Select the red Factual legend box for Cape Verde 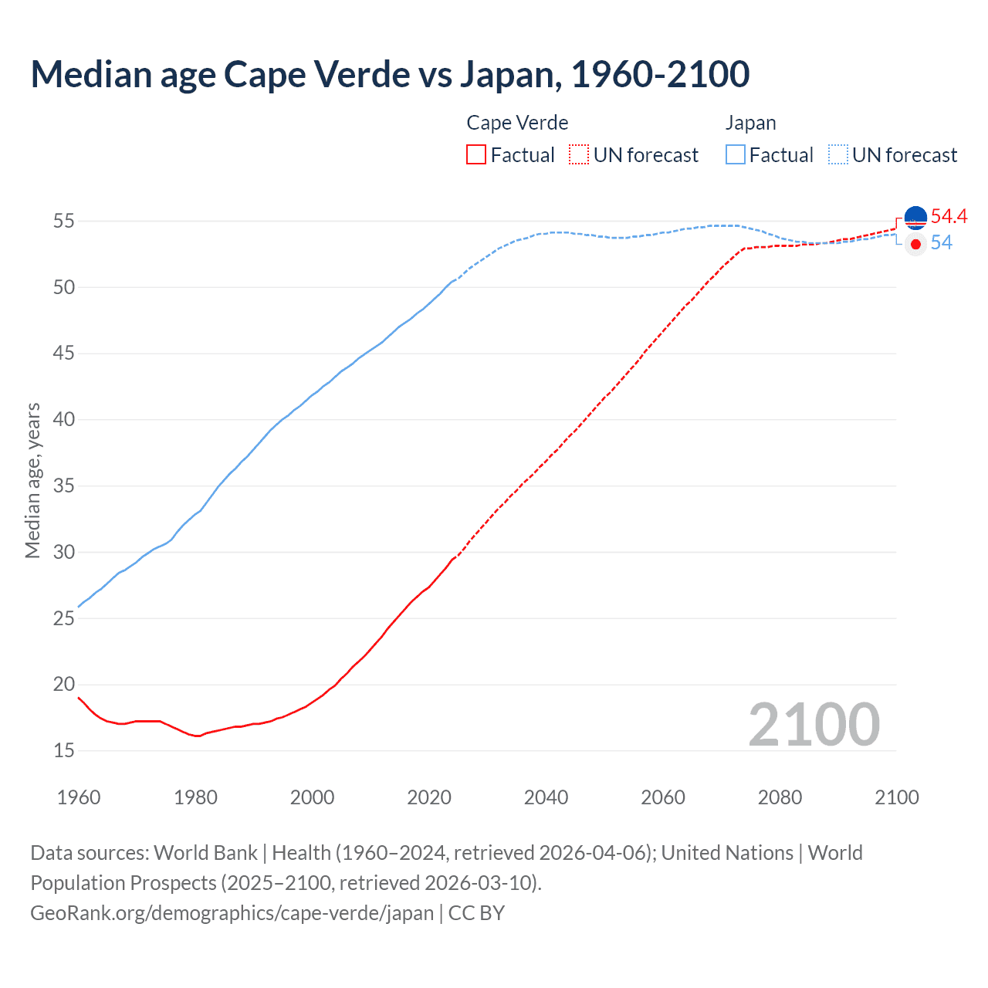[476, 154]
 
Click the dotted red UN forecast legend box [579, 154]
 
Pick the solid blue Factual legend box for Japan [736, 154]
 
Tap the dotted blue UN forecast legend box [838, 154]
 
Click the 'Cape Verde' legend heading [517, 123]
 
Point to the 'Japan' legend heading [750, 123]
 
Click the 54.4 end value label [949, 216]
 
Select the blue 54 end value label [941, 242]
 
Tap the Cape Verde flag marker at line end [915, 218]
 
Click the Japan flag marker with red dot [915, 244]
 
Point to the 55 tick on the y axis [64, 221]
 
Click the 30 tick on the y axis [64, 552]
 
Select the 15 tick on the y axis [64, 750]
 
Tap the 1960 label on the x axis [79, 797]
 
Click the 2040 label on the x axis [546, 797]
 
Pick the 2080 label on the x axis [780, 797]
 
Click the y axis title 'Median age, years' [32, 480]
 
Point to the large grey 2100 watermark [814, 724]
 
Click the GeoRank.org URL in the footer [232, 912]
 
